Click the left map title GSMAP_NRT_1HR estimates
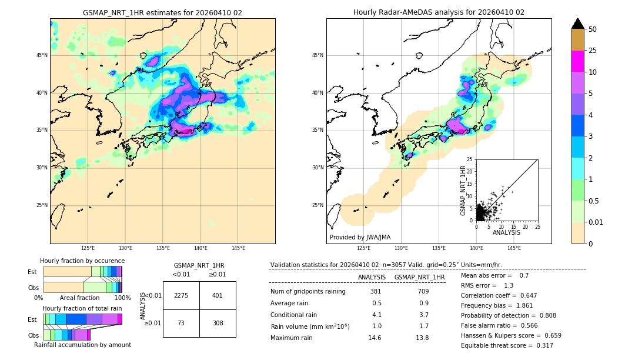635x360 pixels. [x=162, y=12]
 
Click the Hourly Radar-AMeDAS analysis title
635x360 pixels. [x=439, y=12]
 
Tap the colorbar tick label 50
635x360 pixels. [x=593, y=29]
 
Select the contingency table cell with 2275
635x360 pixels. [x=181, y=295]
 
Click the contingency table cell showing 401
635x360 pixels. [x=218, y=295]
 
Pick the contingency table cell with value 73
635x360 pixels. [x=181, y=323]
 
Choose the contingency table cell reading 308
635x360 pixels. [x=218, y=323]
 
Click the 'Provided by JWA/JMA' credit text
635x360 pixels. [x=360, y=238]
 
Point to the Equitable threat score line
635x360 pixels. [x=507, y=345]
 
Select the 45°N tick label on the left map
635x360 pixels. [x=42, y=55]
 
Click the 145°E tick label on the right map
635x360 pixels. [x=514, y=248]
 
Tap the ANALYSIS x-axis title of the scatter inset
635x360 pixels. [x=506, y=232]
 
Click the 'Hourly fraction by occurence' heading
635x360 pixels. [x=82, y=261]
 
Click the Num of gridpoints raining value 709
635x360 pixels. [x=423, y=291]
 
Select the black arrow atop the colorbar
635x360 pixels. [x=578, y=24]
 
